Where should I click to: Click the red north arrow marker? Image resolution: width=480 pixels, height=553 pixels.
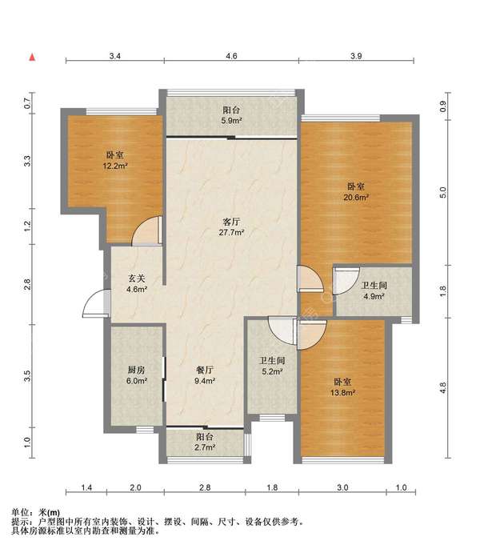[32, 57]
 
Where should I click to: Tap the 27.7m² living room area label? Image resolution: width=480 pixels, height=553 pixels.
[231, 233]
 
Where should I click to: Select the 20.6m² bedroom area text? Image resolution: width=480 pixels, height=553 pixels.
[356, 198]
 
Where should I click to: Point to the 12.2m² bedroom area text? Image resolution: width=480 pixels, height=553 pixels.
[115, 166]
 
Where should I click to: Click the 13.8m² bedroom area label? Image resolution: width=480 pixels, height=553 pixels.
[342, 392]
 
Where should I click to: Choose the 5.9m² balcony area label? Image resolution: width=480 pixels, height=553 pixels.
[231, 121]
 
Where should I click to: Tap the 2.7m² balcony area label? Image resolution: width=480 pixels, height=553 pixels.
[205, 447]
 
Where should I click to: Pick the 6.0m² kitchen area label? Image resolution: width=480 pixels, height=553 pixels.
[136, 381]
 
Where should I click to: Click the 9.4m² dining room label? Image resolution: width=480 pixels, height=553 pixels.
[205, 381]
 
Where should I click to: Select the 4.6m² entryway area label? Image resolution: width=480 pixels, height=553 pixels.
[136, 289]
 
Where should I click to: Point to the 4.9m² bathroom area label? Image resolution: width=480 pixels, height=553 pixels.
[374, 296]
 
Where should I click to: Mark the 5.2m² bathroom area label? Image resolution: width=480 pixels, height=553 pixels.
[272, 371]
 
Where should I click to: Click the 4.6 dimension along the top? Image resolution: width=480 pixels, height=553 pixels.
[231, 56]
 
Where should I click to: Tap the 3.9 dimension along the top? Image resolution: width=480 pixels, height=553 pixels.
[356, 56]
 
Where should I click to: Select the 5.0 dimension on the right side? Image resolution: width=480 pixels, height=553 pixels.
[443, 193]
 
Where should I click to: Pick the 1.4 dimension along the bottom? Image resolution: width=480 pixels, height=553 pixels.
[86, 487]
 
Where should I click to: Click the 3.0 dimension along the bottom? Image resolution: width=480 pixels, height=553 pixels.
[342, 487]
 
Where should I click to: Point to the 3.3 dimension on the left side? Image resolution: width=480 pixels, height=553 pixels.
[27, 161]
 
